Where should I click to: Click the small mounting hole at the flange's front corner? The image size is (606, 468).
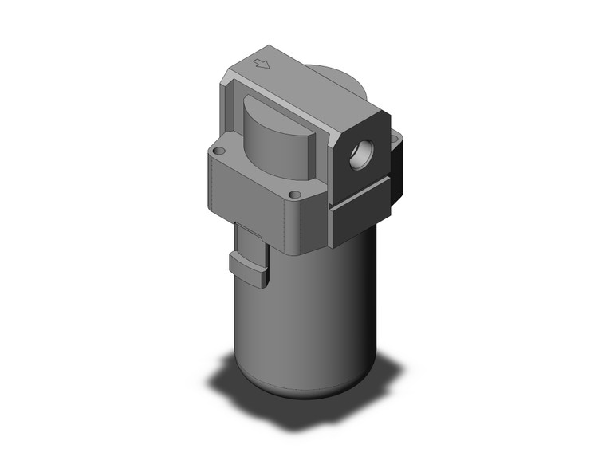295,194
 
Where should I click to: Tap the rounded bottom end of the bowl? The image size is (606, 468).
303,391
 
